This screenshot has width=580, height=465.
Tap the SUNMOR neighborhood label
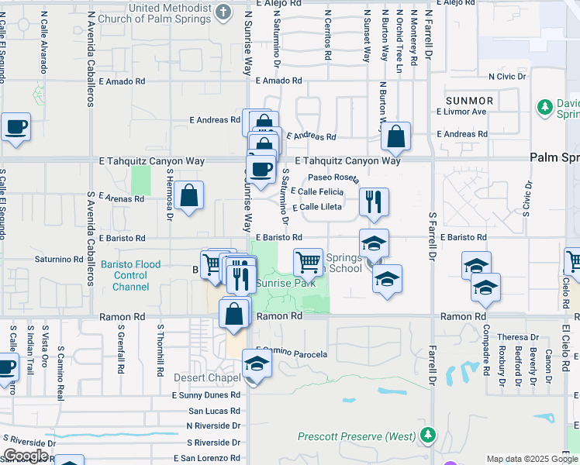pos(469,101)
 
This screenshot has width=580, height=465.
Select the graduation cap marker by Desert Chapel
pos(257,363)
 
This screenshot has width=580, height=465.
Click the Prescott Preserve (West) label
pos(356,436)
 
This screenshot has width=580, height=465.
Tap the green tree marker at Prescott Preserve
pos(427,435)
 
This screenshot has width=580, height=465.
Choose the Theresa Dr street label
pos(518,337)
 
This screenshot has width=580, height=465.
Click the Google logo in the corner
pos(26,456)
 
